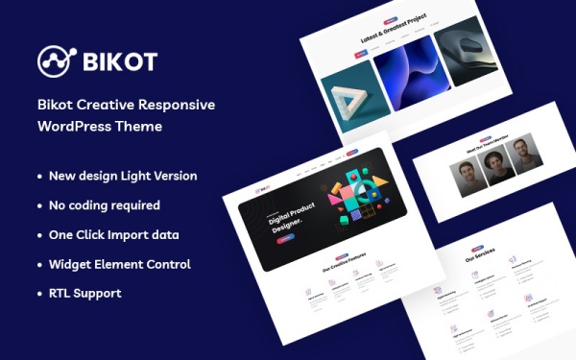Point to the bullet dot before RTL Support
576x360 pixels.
point(39,293)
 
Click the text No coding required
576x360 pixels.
point(105,205)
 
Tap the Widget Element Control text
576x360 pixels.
point(120,264)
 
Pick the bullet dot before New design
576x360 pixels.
point(39,177)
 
